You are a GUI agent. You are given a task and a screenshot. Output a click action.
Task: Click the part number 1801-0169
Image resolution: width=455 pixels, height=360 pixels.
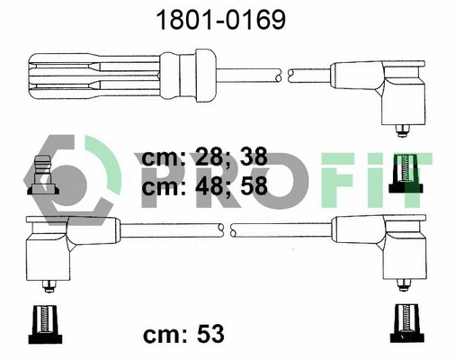227,20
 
